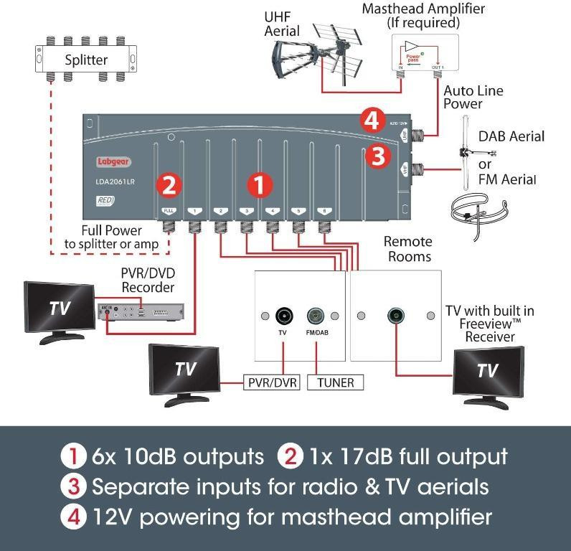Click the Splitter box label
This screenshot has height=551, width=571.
[x=85, y=60]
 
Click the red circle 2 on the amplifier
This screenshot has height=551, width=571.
[x=169, y=185]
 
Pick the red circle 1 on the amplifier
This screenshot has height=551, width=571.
[x=260, y=185]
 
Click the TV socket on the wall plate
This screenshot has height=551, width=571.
[x=283, y=316]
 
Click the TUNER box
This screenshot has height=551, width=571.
[x=336, y=382]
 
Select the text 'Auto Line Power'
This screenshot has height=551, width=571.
[x=473, y=98]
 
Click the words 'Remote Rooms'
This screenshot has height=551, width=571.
[x=407, y=249]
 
